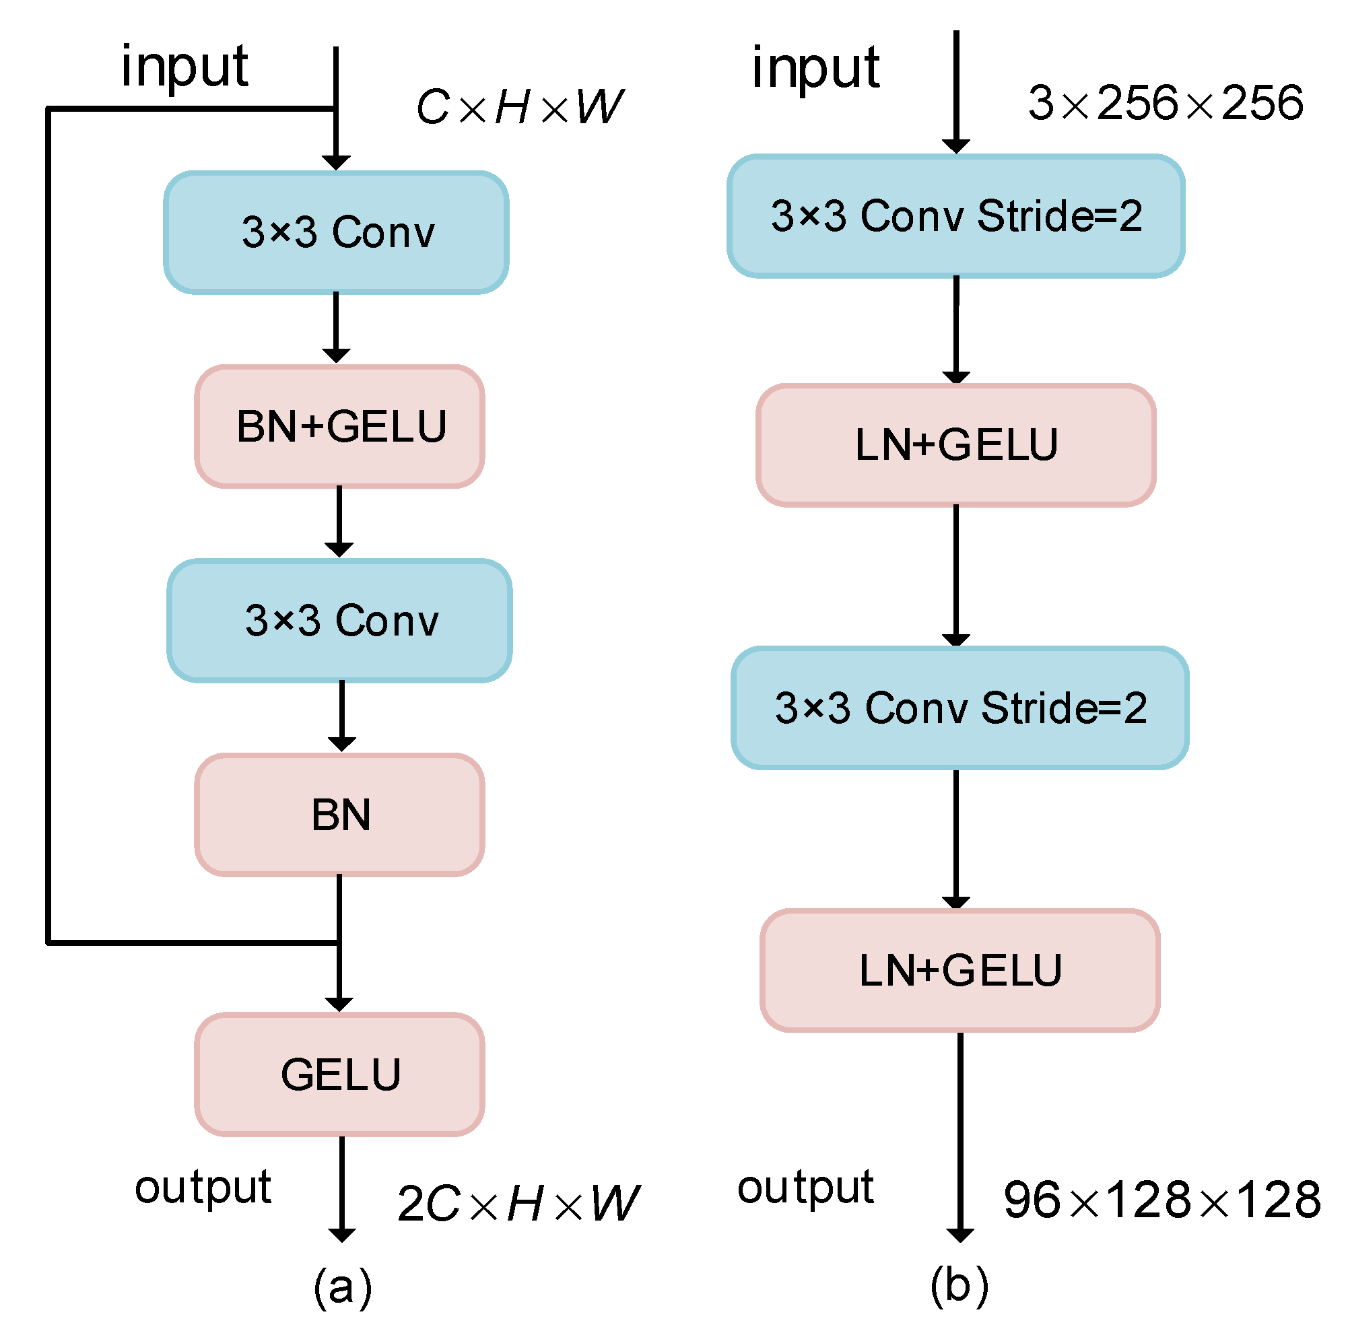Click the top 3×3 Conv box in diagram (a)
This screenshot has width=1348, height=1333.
coord(335,232)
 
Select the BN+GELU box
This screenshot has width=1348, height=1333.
coord(340,426)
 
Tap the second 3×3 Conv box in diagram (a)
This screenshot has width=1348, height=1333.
coord(340,620)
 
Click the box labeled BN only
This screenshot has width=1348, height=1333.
coord(340,814)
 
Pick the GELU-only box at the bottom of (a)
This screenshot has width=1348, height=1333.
coord(340,1074)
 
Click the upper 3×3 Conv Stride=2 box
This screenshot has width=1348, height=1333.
coord(956,215)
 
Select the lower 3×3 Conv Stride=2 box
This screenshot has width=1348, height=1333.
coord(960,708)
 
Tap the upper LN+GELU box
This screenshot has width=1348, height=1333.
coord(956,445)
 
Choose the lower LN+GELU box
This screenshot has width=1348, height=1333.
coord(960,970)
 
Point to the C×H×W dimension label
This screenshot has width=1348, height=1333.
coord(519,108)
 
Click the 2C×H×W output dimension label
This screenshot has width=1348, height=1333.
coord(518,1203)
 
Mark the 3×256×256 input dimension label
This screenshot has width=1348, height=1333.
coord(1166,103)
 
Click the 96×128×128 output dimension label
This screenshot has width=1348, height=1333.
coord(1161,1200)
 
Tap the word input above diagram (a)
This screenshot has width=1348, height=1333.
coord(184,67)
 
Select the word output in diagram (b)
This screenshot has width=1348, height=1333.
coord(805,1187)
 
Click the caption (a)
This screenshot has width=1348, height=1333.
coord(343,1286)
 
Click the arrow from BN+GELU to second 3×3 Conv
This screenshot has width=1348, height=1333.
coord(339,520)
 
